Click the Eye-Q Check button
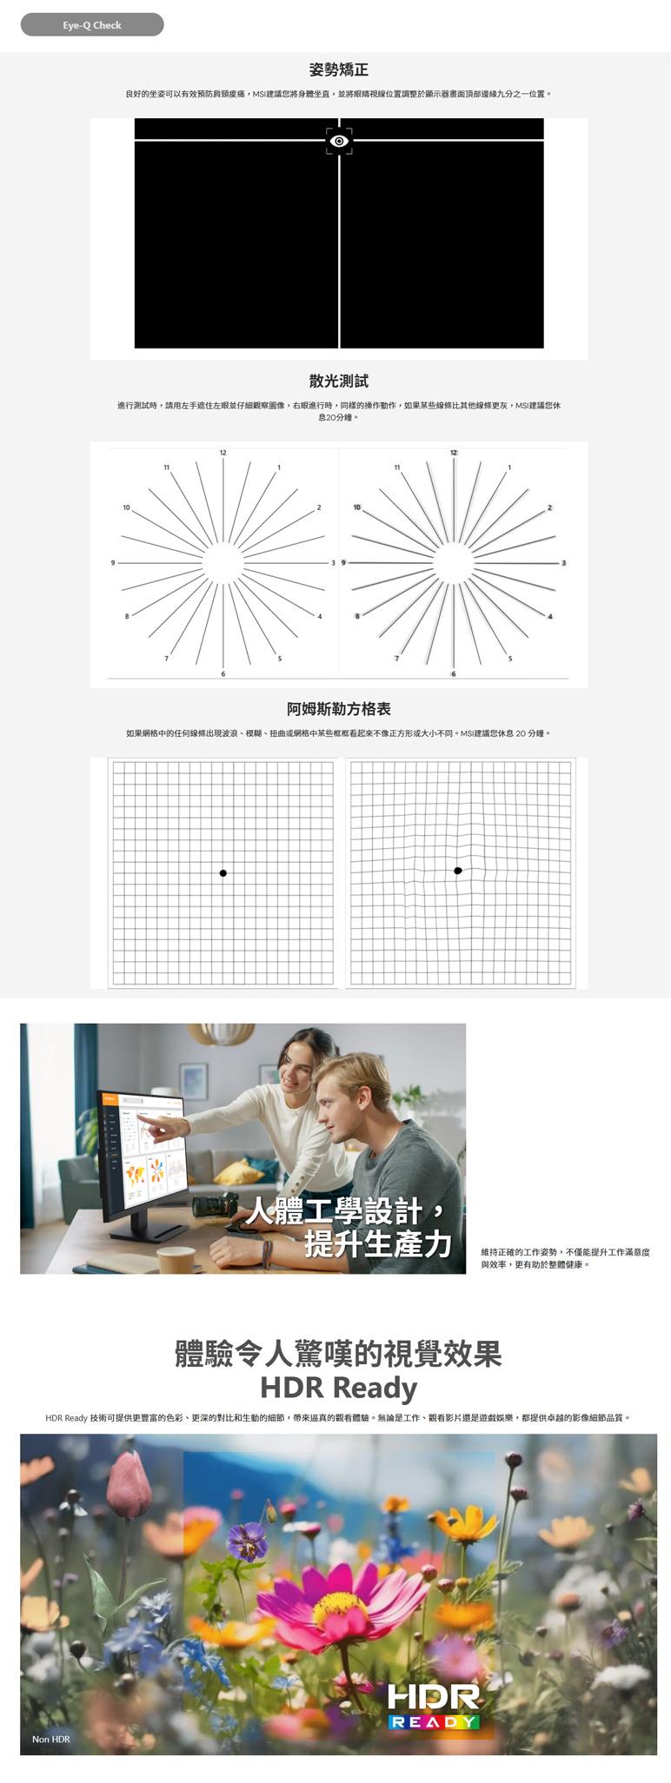point(92,25)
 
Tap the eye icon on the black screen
point(339,141)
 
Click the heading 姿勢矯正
point(339,70)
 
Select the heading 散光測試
point(339,381)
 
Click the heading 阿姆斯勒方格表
point(339,709)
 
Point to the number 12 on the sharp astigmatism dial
point(223,454)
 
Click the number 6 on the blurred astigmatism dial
point(453,674)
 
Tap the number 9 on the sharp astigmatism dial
point(112,563)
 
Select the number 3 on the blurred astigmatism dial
point(563,563)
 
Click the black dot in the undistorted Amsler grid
point(223,873)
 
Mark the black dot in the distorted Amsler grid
point(458,871)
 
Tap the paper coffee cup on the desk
point(176,1260)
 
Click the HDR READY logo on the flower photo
point(433,1707)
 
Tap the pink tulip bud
point(129,1485)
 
